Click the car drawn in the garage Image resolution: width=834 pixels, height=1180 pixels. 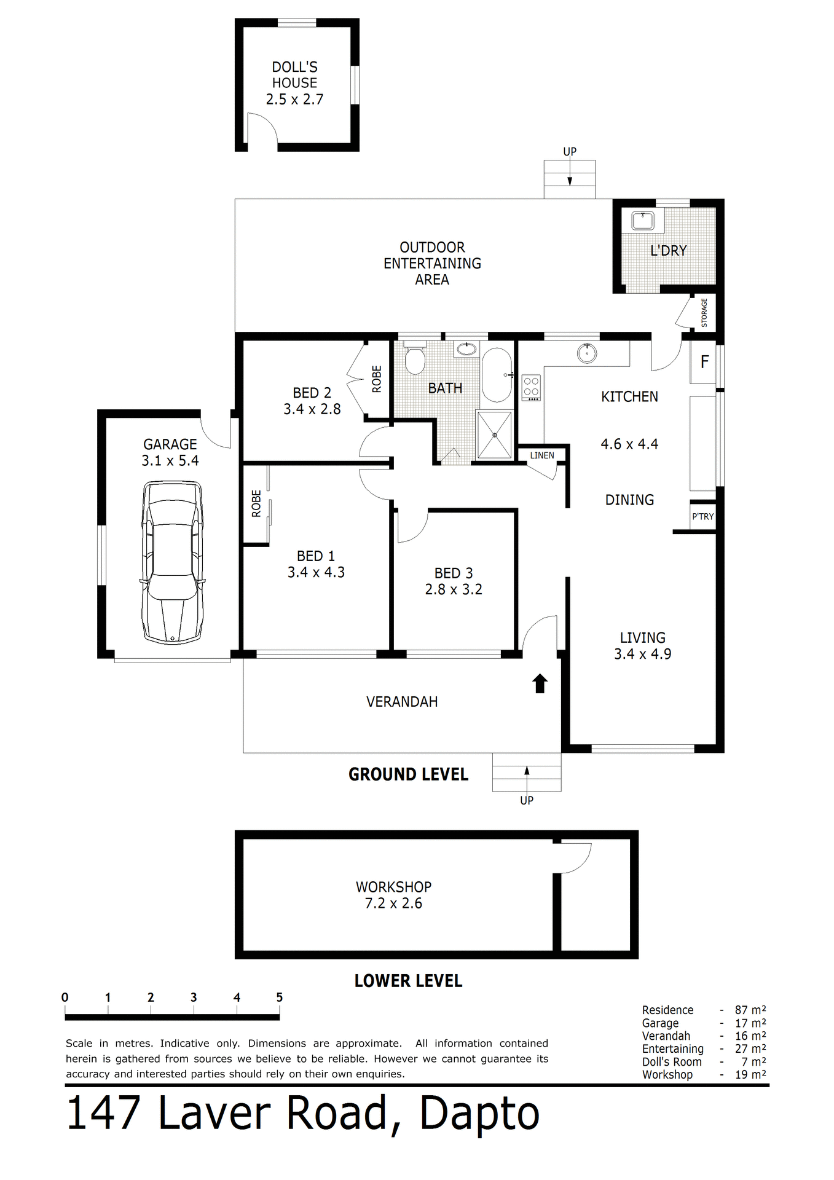click(172, 562)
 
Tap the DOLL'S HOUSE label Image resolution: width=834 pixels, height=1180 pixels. click(294, 75)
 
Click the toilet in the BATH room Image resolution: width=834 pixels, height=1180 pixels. click(415, 359)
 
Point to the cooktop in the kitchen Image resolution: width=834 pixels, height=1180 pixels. click(531, 388)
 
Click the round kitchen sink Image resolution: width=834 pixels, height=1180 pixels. click(588, 353)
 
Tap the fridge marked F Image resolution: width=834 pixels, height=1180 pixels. click(704, 362)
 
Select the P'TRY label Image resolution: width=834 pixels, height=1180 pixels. click(702, 516)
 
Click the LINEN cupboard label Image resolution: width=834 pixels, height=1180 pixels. click(542, 455)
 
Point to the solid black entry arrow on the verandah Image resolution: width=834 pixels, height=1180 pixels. click(540, 683)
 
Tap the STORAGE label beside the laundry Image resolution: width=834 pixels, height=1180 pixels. click(704, 312)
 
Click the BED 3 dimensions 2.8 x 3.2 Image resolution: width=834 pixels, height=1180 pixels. click(454, 589)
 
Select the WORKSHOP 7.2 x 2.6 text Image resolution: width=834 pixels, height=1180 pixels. click(393, 895)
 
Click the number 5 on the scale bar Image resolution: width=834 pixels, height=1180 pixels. click(279, 997)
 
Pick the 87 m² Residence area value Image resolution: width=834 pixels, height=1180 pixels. click(750, 1010)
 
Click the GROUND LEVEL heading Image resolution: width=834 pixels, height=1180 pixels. click(408, 774)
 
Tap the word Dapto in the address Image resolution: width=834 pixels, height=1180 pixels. click(479, 1114)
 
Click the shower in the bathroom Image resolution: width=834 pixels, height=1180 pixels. click(495, 435)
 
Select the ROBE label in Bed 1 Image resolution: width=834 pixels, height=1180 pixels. click(256, 503)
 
